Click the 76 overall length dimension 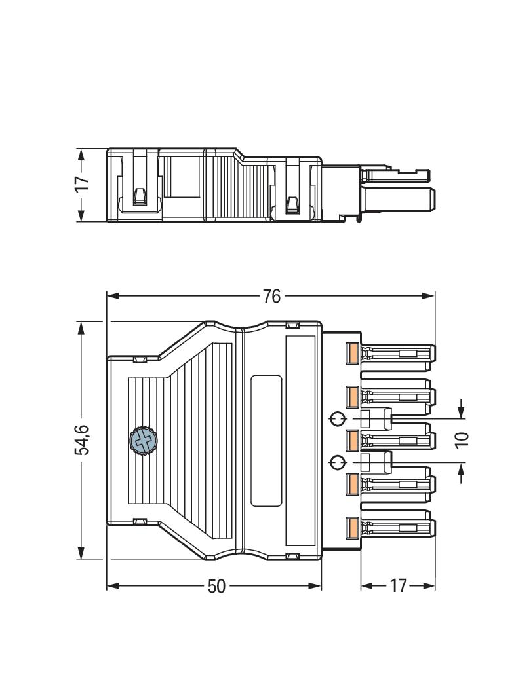pos(271,297)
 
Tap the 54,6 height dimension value pos(81,440)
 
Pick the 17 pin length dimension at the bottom pos(398,586)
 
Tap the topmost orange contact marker pos(352,354)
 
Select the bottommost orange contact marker pos(352,527)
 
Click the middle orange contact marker pos(352,440)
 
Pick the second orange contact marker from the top pos(352,396)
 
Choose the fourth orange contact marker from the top pos(352,484)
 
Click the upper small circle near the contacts pos(338,418)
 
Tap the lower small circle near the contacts pos(338,463)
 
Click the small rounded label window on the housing pos(267,441)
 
